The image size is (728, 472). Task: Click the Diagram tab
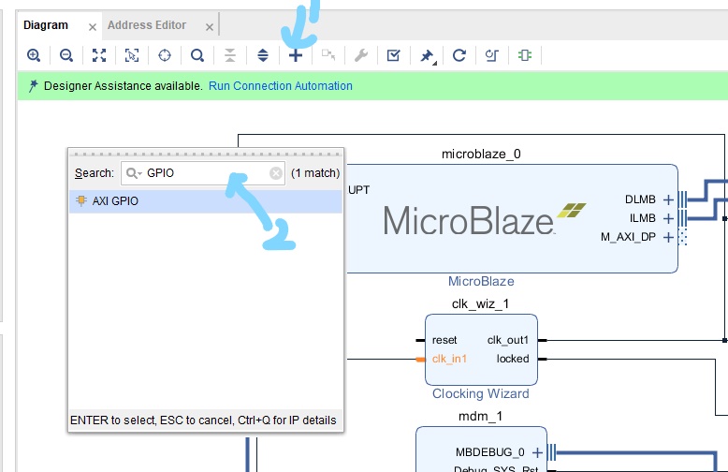click(x=46, y=25)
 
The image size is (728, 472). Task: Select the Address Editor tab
click(x=147, y=25)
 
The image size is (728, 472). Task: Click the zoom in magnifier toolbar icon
click(x=34, y=55)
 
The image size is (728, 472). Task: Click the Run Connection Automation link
click(x=281, y=86)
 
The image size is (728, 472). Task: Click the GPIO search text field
click(x=206, y=173)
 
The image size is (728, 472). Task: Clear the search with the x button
click(x=276, y=173)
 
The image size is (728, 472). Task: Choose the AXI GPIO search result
click(x=115, y=201)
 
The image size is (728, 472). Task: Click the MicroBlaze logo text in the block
click(x=468, y=221)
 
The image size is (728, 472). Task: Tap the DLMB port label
click(x=642, y=199)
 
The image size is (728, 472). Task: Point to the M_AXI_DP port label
click(x=630, y=237)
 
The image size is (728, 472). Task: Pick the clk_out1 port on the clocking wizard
click(x=508, y=340)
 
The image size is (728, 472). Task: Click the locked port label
click(x=513, y=359)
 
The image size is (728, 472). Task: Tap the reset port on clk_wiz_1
click(x=444, y=340)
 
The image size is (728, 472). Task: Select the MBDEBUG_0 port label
click(x=490, y=452)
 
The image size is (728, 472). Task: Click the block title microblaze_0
click(x=480, y=154)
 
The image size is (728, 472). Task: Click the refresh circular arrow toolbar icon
click(x=459, y=55)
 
